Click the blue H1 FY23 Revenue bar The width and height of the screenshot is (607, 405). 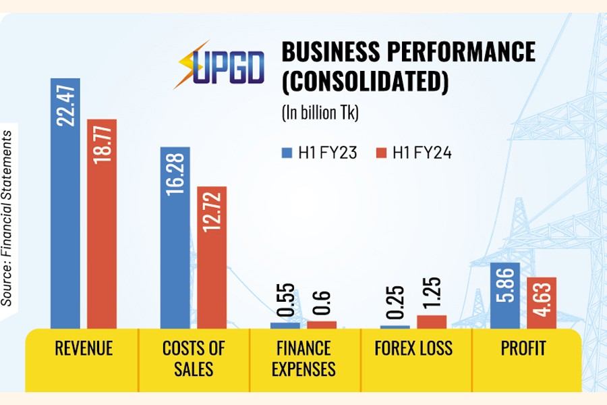65,202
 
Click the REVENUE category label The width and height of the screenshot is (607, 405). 84,348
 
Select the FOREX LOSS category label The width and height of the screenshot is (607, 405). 415,348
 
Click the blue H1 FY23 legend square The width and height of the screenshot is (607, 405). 286,153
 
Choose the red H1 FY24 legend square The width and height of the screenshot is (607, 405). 379,153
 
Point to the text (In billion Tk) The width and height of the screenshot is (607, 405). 320,113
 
